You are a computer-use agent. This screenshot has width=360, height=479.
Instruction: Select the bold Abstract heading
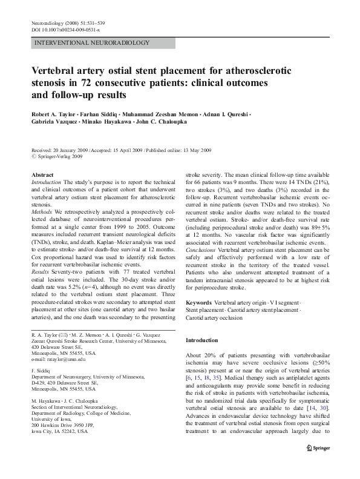[42, 174]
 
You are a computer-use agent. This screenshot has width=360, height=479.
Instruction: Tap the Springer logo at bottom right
[327, 464]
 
